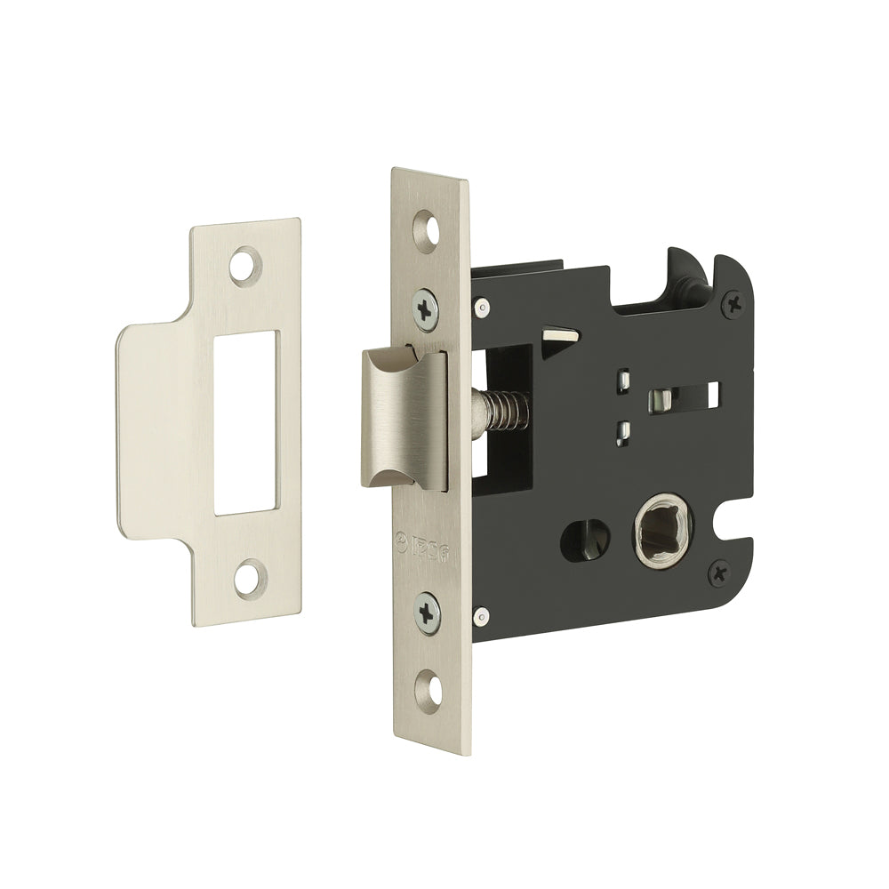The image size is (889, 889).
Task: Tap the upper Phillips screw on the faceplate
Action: (x=427, y=308)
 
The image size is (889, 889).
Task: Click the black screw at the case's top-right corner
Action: (x=734, y=305)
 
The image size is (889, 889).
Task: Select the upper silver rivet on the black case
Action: (x=480, y=308)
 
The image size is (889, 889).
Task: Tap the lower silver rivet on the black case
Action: (x=480, y=613)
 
